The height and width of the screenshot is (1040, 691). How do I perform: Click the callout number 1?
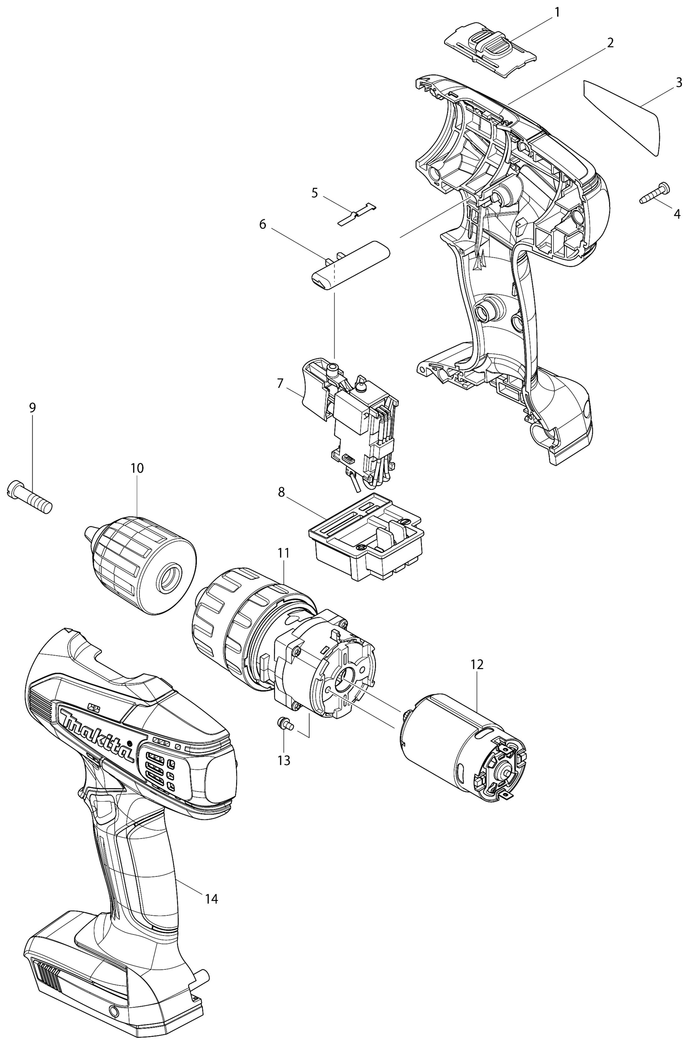(557, 12)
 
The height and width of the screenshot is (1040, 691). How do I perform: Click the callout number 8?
(282, 492)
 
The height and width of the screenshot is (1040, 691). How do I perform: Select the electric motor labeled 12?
(463, 745)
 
